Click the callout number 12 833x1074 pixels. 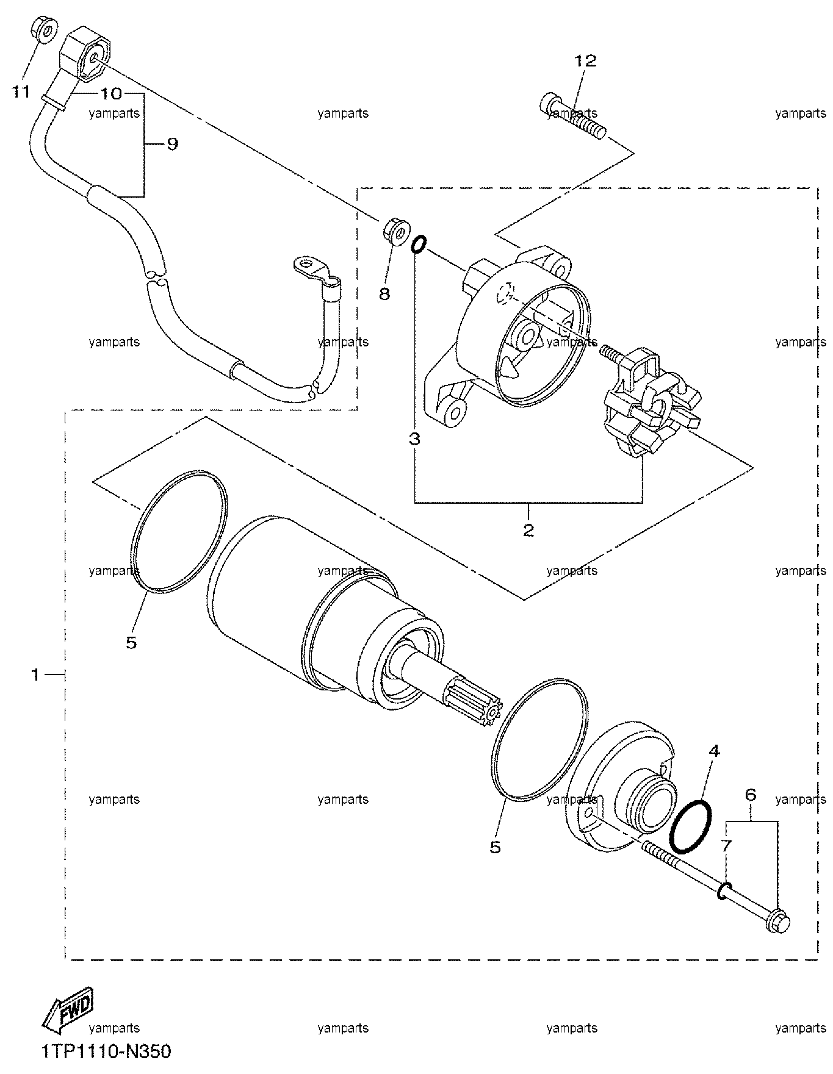585,61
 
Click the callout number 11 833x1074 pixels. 21,93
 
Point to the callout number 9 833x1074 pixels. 173,145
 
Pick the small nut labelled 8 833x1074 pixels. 395,232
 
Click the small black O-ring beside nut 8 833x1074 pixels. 418,245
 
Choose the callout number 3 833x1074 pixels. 414,439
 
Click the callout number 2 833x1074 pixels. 528,529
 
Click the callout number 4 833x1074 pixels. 713,751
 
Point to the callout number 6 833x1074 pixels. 751,795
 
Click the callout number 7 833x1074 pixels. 726,845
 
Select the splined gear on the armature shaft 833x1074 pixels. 474,704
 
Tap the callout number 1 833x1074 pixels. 35,675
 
